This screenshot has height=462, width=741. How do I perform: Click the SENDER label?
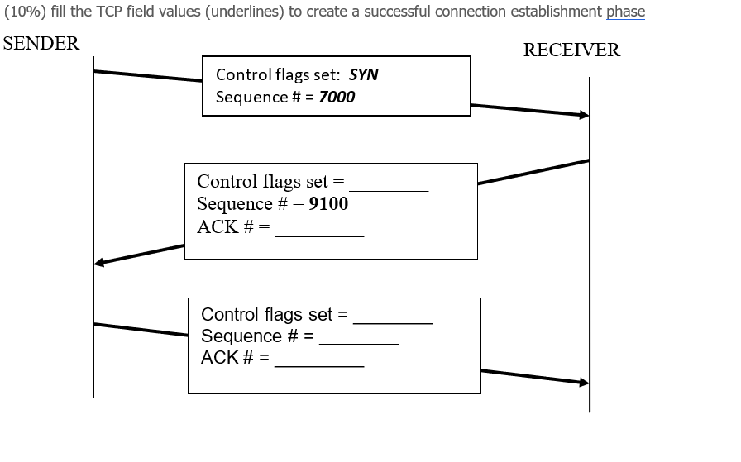(x=42, y=44)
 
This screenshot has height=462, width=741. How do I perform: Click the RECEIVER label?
(x=571, y=50)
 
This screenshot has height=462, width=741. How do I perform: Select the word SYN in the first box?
(x=364, y=74)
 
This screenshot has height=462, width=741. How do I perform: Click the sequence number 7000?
(x=337, y=97)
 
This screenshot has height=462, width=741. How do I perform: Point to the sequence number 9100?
(x=328, y=203)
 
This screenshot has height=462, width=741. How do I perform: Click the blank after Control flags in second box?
(x=389, y=185)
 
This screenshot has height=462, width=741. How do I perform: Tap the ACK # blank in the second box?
(x=319, y=231)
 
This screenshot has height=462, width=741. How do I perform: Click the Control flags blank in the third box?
(x=393, y=317)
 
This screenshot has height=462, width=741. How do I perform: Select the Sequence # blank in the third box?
(x=359, y=338)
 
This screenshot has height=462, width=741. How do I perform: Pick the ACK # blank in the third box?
(x=319, y=360)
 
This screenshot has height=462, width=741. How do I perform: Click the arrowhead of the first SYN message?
(x=585, y=115)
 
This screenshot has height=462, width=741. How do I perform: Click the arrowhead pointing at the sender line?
(x=99, y=263)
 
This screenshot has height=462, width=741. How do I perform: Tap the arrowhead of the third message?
(x=585, y=382)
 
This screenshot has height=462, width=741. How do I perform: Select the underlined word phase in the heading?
(x=625, y=12)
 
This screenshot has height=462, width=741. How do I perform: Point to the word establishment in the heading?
(x=559, y=12)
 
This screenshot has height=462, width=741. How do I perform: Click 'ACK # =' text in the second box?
(x=233, y=226)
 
